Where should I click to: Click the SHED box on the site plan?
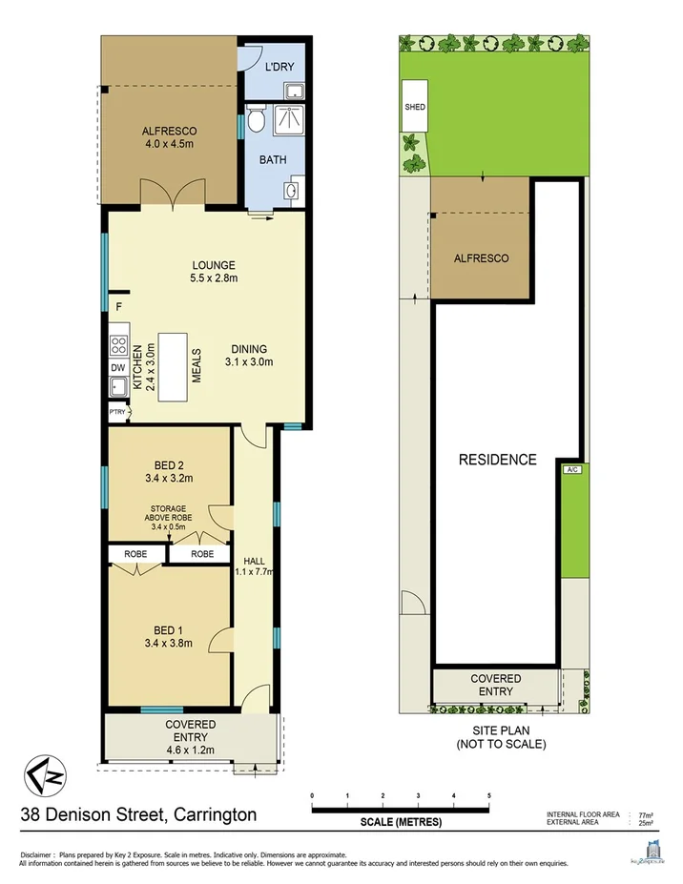[x=415, y=107]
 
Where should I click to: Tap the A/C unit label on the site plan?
[x=572, y=470]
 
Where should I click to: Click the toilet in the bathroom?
[x=256, y=121]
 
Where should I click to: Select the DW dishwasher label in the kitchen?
[x=117, y=367]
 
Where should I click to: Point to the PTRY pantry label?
[x=117, y=412]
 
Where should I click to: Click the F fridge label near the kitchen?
[x=118, y=307]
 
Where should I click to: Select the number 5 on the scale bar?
[x=488, y=794]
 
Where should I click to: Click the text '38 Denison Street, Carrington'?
[x=139, y=814]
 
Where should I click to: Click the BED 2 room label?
[x=168, y=465]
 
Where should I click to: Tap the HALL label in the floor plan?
[x=254, y=560]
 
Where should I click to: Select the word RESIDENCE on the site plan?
[x=497, y=460]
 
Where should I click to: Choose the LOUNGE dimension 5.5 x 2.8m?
[x=213, y=278]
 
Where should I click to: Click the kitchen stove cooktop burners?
[x=119, y=344]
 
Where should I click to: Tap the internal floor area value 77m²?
[x=644, y=814]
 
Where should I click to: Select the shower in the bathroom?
[x=289, y=122]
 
